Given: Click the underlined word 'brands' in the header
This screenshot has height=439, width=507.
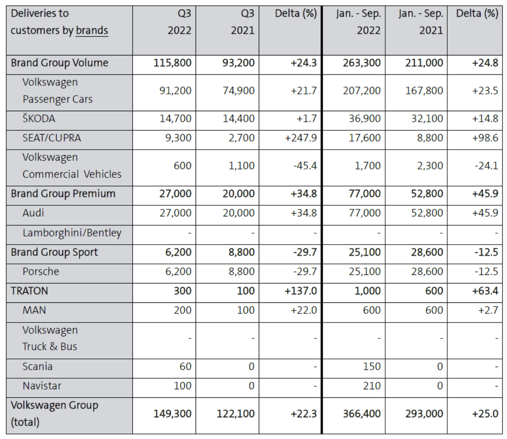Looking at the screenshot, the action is click(92, 30).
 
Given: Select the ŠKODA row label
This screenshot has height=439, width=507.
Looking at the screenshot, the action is click(39, 119).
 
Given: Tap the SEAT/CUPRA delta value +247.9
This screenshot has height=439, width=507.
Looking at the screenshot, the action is click(301, 138).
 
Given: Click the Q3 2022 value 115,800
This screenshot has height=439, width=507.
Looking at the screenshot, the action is click(172, 63).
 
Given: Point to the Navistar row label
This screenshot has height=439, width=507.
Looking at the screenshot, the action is click(42, 386).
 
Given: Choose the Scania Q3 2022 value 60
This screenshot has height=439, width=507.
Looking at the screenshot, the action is click(185, 367).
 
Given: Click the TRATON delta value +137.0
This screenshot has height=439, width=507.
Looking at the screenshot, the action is click(301, 291).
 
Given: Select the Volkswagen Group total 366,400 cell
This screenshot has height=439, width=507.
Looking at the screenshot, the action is click(362, 414).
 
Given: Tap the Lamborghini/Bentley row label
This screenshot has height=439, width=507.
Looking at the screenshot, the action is click(72, 233).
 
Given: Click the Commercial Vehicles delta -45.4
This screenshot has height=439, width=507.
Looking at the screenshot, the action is click(305, 166).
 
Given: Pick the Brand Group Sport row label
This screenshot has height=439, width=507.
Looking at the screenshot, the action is click(54, 253).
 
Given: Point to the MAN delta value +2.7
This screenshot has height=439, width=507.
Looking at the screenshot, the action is click(488, 310).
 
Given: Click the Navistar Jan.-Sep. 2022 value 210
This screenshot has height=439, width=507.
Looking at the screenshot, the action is click(372, 386).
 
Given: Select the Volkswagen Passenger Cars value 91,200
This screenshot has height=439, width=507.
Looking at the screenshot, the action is click(175, 91).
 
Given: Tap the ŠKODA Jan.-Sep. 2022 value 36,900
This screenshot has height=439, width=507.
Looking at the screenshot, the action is click(365, 119).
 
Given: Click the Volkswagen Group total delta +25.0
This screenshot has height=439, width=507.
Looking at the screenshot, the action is click(485, 414).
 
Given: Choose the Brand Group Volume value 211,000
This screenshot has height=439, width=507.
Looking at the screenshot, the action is click(424, 63).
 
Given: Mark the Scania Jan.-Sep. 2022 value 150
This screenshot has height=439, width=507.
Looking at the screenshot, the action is click(372, 367).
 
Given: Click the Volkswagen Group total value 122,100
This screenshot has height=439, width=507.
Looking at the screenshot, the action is click(235, 414).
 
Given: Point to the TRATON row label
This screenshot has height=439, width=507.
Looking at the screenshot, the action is click(29, 291).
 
